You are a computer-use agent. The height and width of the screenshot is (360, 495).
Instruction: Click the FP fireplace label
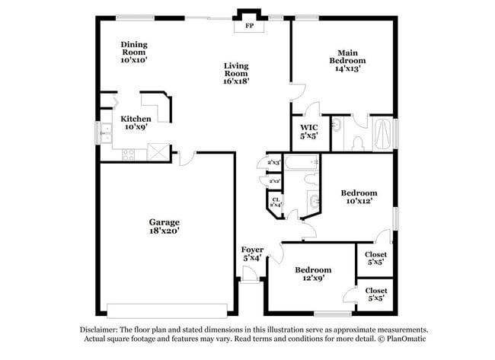pyautogui.click(x=248, y=27)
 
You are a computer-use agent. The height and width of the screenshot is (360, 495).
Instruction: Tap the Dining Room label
pyautogui.click(x=133, y=52)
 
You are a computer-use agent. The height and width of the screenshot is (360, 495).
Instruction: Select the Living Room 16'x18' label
pyautogui.click(x=237, y=73)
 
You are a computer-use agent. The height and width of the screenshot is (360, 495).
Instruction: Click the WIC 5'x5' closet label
pyautogui.click(x=309, y=131)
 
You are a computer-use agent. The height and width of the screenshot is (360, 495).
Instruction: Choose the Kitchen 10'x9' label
pyautogui.click(x=136, y=123)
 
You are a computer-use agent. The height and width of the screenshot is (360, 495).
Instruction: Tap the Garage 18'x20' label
pyautogui.click(x=164, y=226)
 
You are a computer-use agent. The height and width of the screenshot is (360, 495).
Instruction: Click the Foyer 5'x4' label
pyautogui.click(x=252, y=254)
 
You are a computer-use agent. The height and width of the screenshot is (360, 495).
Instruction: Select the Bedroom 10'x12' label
pyautogui.click(x=358, y=198)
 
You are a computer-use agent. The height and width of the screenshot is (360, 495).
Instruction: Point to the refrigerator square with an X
pyautogui.click(x=158, y=151)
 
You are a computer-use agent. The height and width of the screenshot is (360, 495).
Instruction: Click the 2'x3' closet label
pyautogui.click(x=273, y=162)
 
